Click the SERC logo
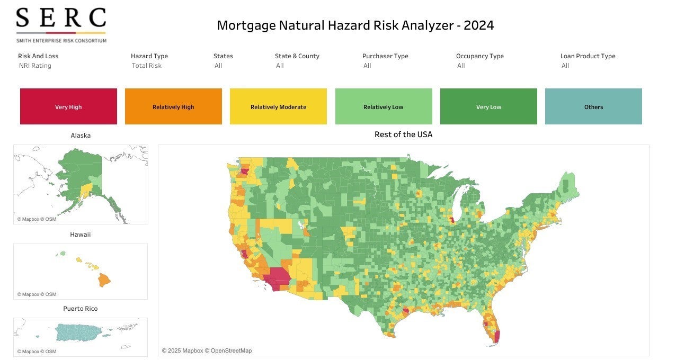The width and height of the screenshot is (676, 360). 61,24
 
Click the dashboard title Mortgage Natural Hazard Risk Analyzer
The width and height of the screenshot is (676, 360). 355,25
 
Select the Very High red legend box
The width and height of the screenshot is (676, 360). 68,106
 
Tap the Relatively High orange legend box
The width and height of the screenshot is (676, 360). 173,106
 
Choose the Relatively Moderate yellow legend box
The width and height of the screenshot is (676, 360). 278,106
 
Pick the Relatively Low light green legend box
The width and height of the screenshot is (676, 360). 384,106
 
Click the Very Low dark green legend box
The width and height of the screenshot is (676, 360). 488,106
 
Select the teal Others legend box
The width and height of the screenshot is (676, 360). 593,106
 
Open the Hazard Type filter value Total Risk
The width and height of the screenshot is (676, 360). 147,66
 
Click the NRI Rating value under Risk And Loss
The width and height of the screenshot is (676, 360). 35,66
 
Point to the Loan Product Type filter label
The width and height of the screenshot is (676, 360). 588,56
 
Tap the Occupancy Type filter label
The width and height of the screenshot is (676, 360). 479,56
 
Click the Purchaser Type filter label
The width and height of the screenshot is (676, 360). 385,56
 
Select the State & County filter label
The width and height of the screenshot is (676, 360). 297,56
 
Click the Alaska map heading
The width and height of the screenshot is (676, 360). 81,136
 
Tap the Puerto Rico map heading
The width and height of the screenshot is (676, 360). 81,309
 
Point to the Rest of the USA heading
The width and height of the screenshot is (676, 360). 403,134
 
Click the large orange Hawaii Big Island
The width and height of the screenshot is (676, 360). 104,279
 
